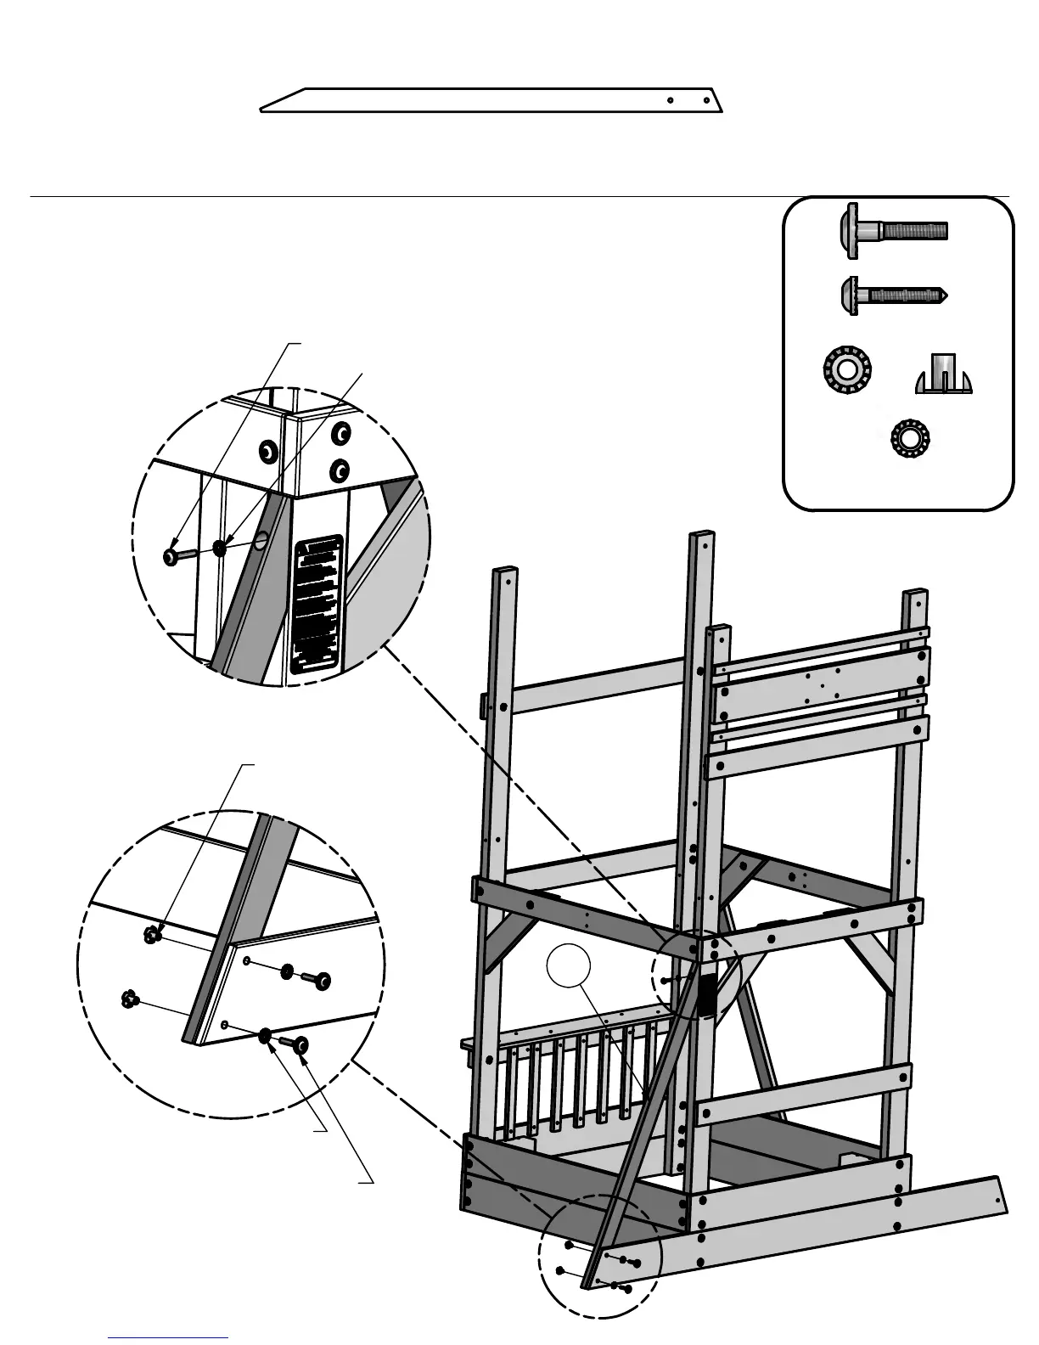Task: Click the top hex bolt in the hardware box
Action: pos(891,229)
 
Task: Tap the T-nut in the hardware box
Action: pos(943,375)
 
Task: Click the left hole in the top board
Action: pos(670,100)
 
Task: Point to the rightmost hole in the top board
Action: pos(706,100)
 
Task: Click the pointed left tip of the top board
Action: pos(262,110)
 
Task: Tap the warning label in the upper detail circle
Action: pos(317,604)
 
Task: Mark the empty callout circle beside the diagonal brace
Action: pos(568,969)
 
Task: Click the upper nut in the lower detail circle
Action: pos(152,936)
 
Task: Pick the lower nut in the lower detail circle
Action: pos(130,999)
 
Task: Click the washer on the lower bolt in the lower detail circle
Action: pos(265,1034)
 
